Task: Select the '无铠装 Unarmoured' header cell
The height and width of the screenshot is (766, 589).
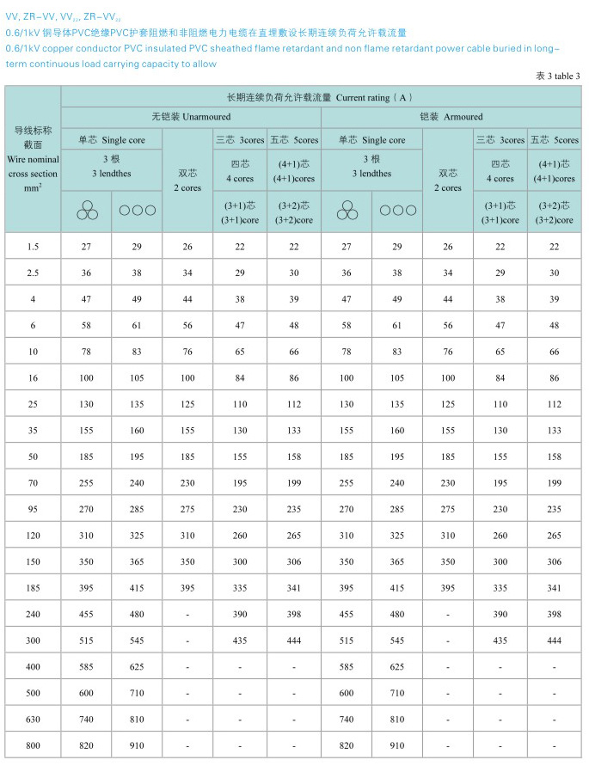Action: click(190, 117)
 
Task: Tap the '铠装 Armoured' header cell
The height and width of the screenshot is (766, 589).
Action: click(451, 117)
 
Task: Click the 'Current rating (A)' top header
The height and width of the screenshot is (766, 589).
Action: click(320, 97)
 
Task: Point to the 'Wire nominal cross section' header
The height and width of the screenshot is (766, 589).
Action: click(33, 159)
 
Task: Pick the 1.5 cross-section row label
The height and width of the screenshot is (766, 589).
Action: click(33, 247)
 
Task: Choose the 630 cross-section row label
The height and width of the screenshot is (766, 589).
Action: click(33, 718)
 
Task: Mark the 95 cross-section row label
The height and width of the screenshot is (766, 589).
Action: click(33, 509)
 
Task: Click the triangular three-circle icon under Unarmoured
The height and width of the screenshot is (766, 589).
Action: click(86, 210)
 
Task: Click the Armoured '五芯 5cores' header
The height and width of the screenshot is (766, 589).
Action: click(554, 139)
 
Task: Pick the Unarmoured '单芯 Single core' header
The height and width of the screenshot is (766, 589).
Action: click(111, 139)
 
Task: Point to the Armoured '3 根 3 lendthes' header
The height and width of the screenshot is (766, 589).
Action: click(371, 166)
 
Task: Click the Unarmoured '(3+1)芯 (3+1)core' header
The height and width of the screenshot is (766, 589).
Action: click(240, 212)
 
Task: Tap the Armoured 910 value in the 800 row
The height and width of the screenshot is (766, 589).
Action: click(397, 745)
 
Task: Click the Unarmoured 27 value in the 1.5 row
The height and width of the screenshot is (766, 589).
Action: click(86, 247)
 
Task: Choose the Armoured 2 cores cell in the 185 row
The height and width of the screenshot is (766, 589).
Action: click(447, 587)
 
